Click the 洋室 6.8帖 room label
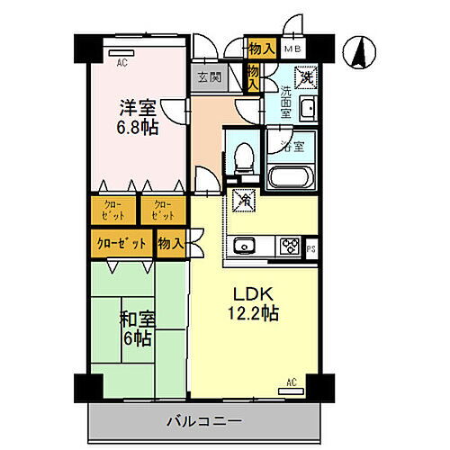pyautogui.click(x=138, y=118)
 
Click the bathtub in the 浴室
pyautogui.click(x=292, y=174)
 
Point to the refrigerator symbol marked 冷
pyautogui.click(x=242, y=199)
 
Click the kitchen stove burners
pyautogui.click(x=290, y=246)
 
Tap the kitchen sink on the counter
pyautogui.click(x=243, y=246)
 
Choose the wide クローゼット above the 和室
pyautogui.click(x=121, y=242)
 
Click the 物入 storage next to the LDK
pyautogui.click(x=170, y=242)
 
